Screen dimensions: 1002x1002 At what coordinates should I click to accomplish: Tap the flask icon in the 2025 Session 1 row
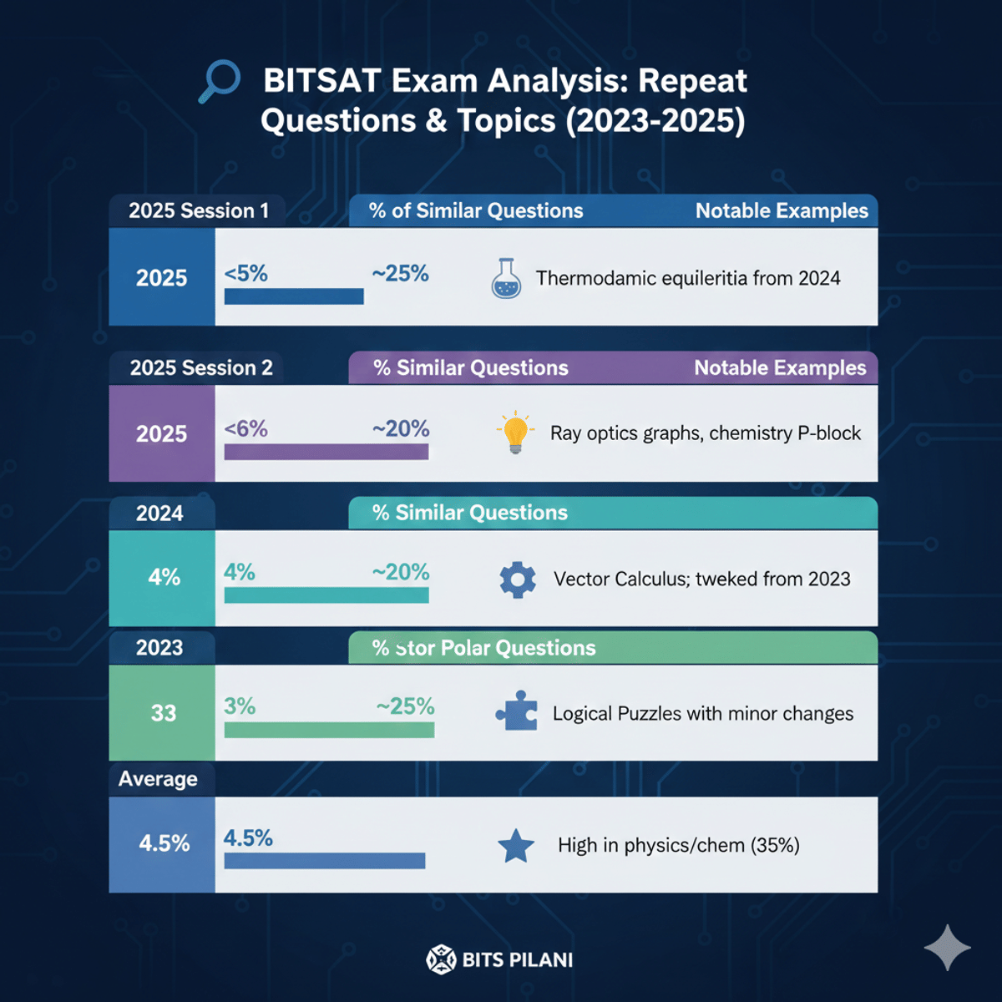tap(506, 278)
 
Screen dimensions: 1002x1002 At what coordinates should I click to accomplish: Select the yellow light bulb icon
tap(515, 432)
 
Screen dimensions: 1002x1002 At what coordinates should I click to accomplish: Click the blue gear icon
tap(518, 579)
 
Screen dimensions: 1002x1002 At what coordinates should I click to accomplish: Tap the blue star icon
tap(516, 846)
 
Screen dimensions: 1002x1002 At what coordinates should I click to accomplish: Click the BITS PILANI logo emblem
tap(441, 959)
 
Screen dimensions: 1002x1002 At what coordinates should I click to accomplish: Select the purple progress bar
tap(326, 452)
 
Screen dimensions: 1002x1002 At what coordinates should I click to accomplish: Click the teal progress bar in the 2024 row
tap(326, 595)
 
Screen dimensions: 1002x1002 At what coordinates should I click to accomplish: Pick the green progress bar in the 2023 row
tap(329, 730)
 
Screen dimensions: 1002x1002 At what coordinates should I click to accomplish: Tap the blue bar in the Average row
tap(325, 861)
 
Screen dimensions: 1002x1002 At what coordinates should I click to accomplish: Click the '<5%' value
tap(246, 273)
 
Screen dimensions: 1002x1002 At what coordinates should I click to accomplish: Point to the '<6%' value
tap(246, 429)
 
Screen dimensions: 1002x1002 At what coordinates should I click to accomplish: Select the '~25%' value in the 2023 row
tap(406, 706)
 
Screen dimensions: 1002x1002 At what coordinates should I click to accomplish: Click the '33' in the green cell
tap(164, 713)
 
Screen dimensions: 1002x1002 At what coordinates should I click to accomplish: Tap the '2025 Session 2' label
tap(201, 367)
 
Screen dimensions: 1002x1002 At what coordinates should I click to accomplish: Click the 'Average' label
tap(158, 779)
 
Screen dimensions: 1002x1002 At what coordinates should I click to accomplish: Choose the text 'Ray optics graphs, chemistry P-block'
tap(705, 433)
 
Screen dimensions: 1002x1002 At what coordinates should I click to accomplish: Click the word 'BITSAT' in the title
tap(322, 81)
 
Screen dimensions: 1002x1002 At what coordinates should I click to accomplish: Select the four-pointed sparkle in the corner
tap(948, 947)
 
